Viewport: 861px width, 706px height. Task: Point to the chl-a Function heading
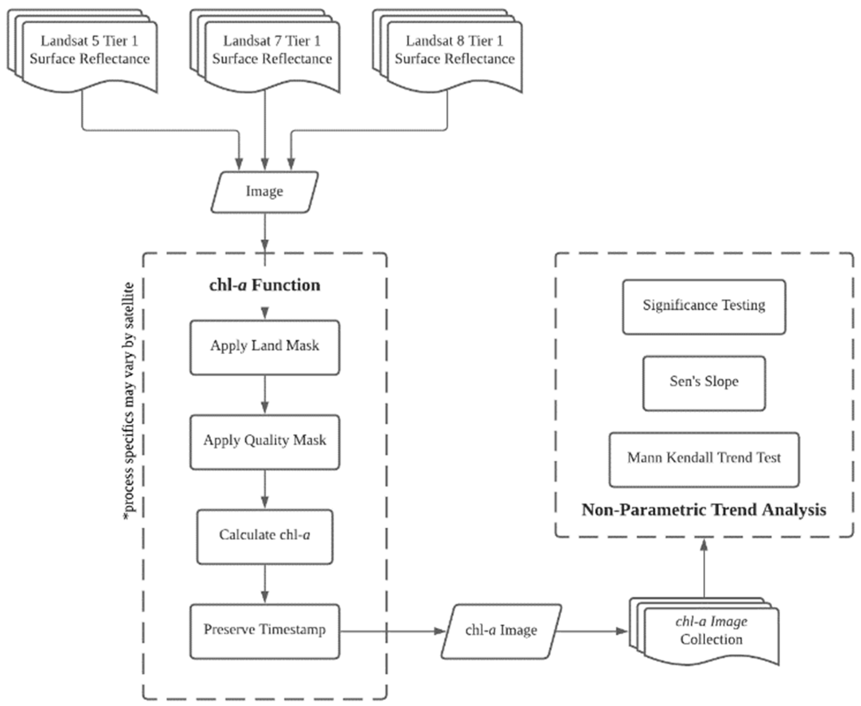tap(264, 285)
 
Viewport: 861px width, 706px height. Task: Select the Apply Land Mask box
tap(264, 347)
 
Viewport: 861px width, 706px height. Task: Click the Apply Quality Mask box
tap(264, 442)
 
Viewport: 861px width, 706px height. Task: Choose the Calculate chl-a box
tap(264, 536)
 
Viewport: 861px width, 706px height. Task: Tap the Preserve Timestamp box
tap(264, 631)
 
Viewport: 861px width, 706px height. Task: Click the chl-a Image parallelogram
tap(501, 631)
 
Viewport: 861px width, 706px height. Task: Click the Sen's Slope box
tap(703, 383)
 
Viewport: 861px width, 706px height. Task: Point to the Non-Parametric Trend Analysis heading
tap(703, 510)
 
